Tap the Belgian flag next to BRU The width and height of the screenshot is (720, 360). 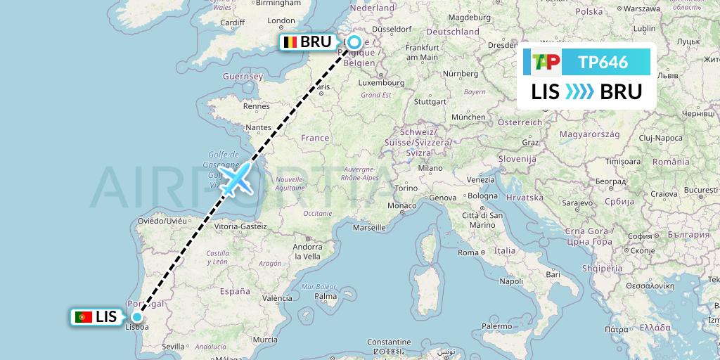[290, 42]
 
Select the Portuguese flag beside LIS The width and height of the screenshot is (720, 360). [84, 317]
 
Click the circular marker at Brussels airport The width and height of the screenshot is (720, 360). [354, 41]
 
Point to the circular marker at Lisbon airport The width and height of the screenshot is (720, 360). [136, 316]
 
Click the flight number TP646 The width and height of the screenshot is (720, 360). [603, 62]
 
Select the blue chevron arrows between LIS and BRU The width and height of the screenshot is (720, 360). [580, 91]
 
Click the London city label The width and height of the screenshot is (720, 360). [281, 21]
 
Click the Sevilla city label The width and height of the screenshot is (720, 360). [172, 346]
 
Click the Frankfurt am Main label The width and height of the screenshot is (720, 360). [423, 52]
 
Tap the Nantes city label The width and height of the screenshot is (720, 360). [259, 127]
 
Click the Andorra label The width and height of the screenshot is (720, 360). [307, 247]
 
